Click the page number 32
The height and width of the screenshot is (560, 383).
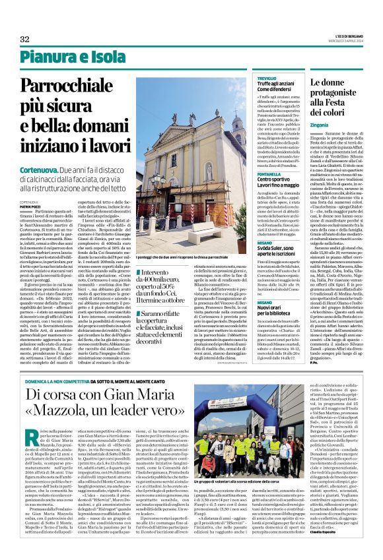tap(24, 39)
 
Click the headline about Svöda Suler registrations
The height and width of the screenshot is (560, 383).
tap(271, 243)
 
